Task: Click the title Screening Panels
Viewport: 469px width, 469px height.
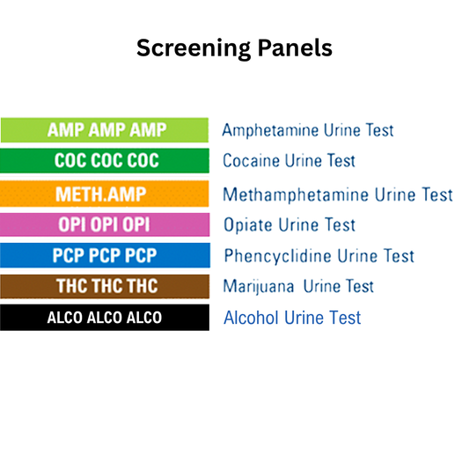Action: (x=234, y=48)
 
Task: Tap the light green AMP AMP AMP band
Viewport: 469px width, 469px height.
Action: (x=105, y=130)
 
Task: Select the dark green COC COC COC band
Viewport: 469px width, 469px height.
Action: (x=105, y=161)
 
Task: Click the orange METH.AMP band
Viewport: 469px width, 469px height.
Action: (x=105, y=194)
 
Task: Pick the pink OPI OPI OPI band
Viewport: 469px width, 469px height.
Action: (x=105, y=224)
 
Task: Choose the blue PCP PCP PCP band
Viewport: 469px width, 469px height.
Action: (x=105, y=256)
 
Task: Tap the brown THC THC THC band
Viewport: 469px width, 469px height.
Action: (x=105, y=286)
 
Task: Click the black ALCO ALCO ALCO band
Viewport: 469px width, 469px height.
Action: (x=105, y=317)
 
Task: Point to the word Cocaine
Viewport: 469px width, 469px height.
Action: (x=251, y=162)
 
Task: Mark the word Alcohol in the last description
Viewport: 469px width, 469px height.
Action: (x=249, y=318)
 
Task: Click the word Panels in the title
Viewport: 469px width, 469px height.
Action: (x=292, y=48)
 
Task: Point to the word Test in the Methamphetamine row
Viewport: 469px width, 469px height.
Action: (x=435, y=194)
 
